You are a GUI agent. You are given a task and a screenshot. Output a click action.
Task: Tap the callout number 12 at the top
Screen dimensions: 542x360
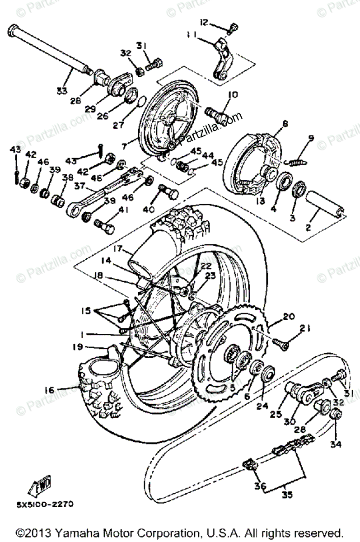coord(204,22)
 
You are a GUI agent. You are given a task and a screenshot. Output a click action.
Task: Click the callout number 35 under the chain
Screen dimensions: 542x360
coord(286,494)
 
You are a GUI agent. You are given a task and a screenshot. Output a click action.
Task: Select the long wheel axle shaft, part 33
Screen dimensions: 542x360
coord(50,50)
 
